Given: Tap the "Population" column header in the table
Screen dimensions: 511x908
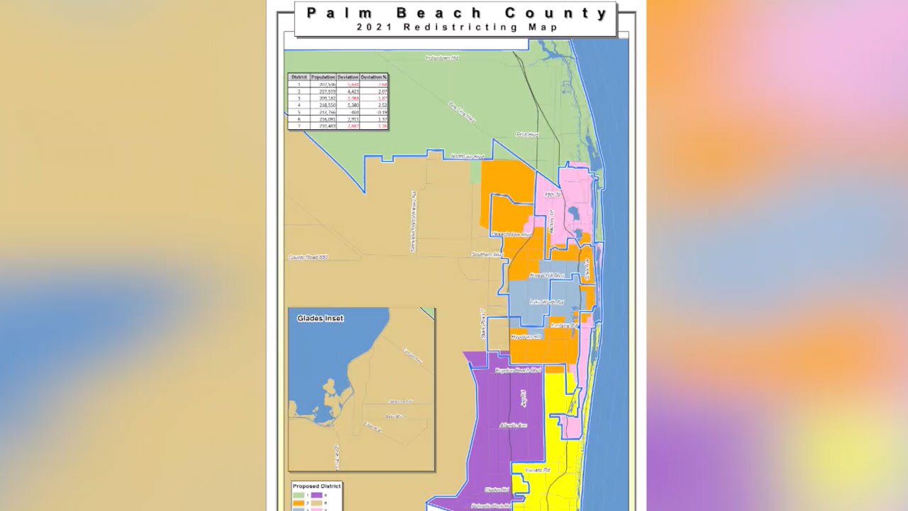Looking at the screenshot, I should (x=323, y=77).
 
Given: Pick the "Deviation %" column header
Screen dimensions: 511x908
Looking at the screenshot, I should (x=374, y=77).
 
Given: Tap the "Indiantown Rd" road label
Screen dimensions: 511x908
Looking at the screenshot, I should (x=442, y=57).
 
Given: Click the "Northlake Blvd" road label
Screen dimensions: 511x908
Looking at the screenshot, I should (x=468, y=157).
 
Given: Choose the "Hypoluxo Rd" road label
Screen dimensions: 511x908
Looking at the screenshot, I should (x=526, y=336).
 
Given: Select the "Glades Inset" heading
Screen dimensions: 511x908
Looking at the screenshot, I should (x=320, y=319).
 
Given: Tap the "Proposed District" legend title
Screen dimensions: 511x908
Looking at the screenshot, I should (x=316, y=486).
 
